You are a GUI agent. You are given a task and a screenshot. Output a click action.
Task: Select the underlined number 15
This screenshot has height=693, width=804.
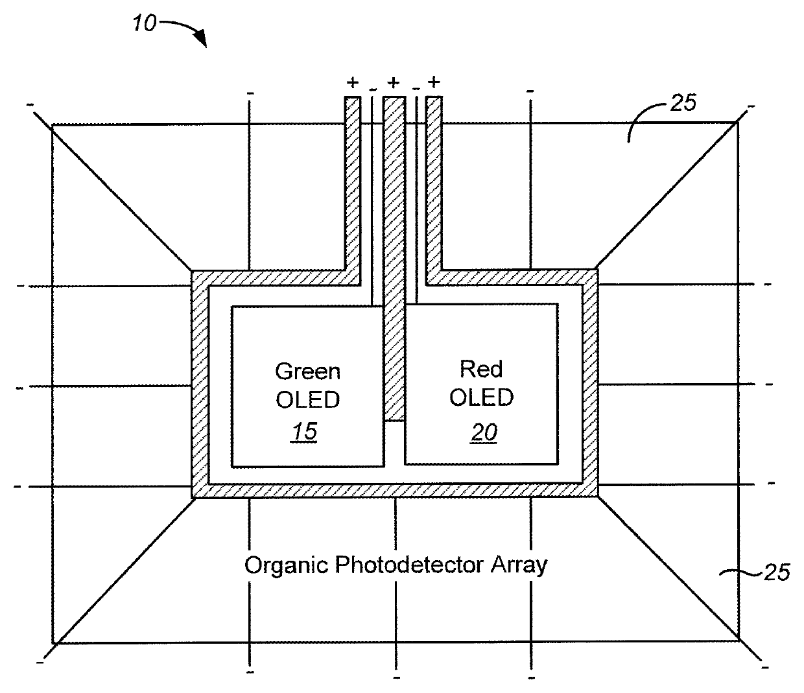(304, 431)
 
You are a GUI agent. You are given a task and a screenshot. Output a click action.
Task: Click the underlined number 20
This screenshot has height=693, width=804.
(484, 432)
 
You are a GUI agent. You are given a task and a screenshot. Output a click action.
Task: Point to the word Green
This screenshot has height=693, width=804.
(307, 371)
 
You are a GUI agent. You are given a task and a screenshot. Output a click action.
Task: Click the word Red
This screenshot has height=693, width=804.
(481, 370)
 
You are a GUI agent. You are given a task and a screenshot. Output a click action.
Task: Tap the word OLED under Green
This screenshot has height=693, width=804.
(307, 400)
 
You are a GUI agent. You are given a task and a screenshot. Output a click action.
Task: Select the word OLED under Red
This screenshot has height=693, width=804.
(481, 397)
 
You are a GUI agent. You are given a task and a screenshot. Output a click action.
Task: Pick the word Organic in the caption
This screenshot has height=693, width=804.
(287, 565)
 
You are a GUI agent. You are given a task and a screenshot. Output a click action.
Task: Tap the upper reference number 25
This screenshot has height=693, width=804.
(682, 102)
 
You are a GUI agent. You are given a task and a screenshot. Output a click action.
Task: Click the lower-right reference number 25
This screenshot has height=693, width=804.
(776, 572)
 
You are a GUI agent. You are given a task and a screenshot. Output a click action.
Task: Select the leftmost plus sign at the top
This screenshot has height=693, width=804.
(353, 82)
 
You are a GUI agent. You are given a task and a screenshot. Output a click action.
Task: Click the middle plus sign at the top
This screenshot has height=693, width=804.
(394, 82)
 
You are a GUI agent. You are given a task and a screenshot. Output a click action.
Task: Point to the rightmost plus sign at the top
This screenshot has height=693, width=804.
(434, 82)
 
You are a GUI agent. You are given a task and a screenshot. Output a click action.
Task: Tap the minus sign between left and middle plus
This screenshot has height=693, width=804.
(372, 89)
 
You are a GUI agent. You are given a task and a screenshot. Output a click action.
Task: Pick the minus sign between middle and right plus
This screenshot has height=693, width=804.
(416, 89)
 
